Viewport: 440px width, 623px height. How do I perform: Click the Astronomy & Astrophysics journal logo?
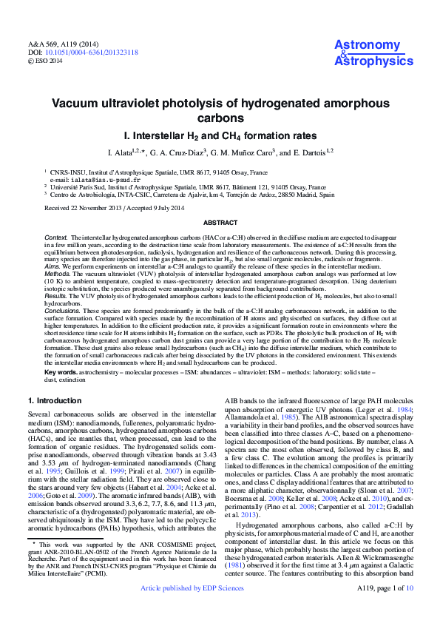[373, 53]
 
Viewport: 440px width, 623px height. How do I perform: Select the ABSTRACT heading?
[220, 223]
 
